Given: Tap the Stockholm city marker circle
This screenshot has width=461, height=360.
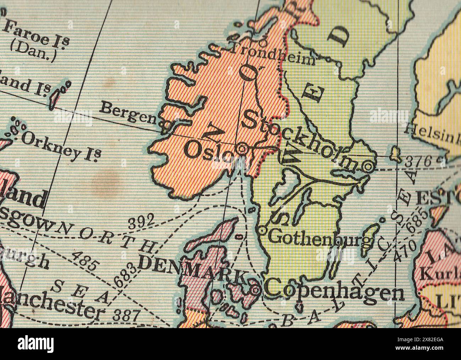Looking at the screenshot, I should pyautogui.click(x=368, y=166).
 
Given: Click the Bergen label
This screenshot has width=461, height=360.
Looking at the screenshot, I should pyautogui.click(x=128, y=113).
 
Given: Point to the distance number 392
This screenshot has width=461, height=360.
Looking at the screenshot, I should pyautogui.click(x=141, y=223).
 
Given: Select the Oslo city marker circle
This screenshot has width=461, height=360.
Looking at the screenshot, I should pyautogui.click(x=242, y=149).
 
